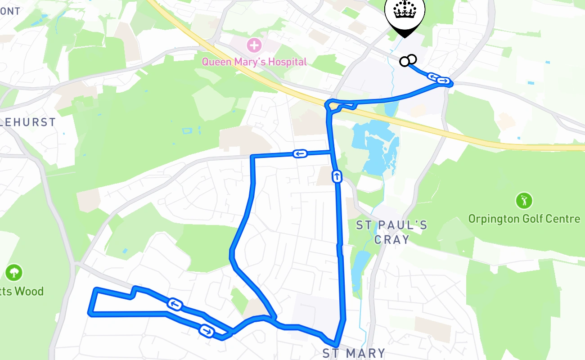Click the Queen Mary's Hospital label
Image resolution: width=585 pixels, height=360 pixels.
[x=254, y=62]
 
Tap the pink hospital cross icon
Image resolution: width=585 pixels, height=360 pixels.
[x=254, y=45]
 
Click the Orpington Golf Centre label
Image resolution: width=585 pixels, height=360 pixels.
[x=524, y=219]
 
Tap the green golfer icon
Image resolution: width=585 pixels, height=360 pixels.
[x=524, y=200]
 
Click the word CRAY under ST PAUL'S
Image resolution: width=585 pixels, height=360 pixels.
[x=392, y=239]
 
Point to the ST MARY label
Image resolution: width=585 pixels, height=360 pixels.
[x=354, y=353]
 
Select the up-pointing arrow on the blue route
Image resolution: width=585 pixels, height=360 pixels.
[x=337, y=176]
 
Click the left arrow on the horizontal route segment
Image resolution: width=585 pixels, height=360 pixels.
[x=300, y=154]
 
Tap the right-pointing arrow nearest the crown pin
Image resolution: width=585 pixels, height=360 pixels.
[x=444, y=81]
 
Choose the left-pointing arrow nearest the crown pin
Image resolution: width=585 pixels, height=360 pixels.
[x=433, y=77]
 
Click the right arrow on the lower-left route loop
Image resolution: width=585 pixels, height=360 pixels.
[x=207, y=331]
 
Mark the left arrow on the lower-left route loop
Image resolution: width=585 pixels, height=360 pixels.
[x=175, y=305]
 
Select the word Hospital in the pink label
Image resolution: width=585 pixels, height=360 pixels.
[x=286, y=62]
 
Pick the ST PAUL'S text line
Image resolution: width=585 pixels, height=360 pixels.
[x=391, y=225]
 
